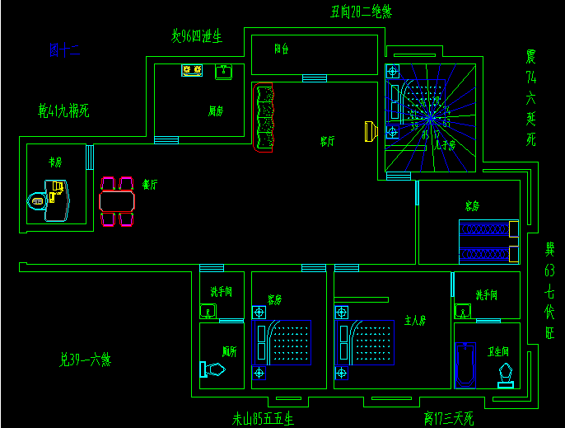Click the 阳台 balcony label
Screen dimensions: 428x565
[x=281, y=49]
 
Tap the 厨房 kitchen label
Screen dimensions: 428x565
[x=216, y=110]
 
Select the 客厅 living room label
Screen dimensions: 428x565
[x=327, y=141]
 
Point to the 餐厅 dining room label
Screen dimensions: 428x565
[x=150, y=185]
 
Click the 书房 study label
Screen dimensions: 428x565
[x=55, y=162]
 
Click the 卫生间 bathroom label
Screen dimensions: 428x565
[x=499, y=351]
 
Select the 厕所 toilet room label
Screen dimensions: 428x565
[x=230, y=351]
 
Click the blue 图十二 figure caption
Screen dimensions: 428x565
[x=64, y=51]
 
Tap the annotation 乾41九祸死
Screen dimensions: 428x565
[x=63, y=109]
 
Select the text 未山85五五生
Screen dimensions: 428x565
[x=263, y=418]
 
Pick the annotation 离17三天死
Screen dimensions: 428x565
[x=448, y=418]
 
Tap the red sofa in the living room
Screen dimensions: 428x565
[x=264, y=118]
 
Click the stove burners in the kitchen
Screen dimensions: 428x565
[x=192, y=71]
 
